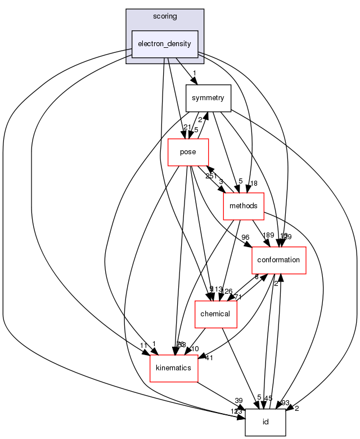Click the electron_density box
164,44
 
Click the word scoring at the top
164,16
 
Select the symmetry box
208,98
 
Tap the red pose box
188,153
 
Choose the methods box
244,207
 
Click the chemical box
215,313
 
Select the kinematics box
174,368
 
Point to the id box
265,422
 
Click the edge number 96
245,237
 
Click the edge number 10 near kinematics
195,349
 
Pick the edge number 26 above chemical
228,291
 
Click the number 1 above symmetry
194,73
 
